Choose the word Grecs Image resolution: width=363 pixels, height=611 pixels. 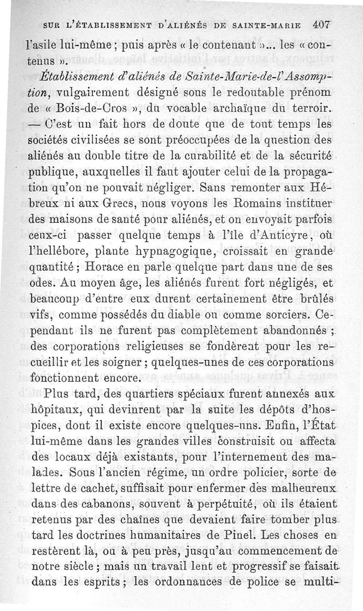(109, 200)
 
